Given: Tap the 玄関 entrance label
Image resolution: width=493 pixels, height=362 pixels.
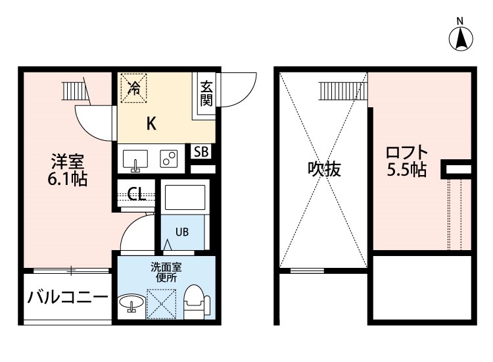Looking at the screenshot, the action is pos(206,93).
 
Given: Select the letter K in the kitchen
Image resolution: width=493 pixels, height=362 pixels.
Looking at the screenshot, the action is pos(151,123).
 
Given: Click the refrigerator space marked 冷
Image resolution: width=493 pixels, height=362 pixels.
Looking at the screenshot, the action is pos(134,88).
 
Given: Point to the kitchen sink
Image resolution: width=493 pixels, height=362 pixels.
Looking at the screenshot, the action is pos(135,161).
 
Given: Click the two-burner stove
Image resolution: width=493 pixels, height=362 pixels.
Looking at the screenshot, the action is pos(168,159).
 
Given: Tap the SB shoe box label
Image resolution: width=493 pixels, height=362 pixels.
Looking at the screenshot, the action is pos(201,152).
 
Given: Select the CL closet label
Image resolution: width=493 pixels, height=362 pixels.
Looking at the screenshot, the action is pos(137,194).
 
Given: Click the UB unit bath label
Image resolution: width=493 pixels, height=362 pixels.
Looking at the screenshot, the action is pos(182,232).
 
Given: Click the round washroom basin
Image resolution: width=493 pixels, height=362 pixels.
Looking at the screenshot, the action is pos(131,303).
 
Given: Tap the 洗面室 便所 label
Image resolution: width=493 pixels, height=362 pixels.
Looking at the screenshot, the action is pos(166,272).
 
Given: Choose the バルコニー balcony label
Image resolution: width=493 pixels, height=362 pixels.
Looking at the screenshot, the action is pos(68,297).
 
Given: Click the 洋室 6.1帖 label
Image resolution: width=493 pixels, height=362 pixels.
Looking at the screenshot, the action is pos(68,170).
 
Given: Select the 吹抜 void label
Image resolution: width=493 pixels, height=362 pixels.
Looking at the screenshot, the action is pos(324,169).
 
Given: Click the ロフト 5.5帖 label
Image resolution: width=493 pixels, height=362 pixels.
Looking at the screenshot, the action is pos(407,161).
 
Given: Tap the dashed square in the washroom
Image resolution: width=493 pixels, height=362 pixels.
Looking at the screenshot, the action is pos(161,304).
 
